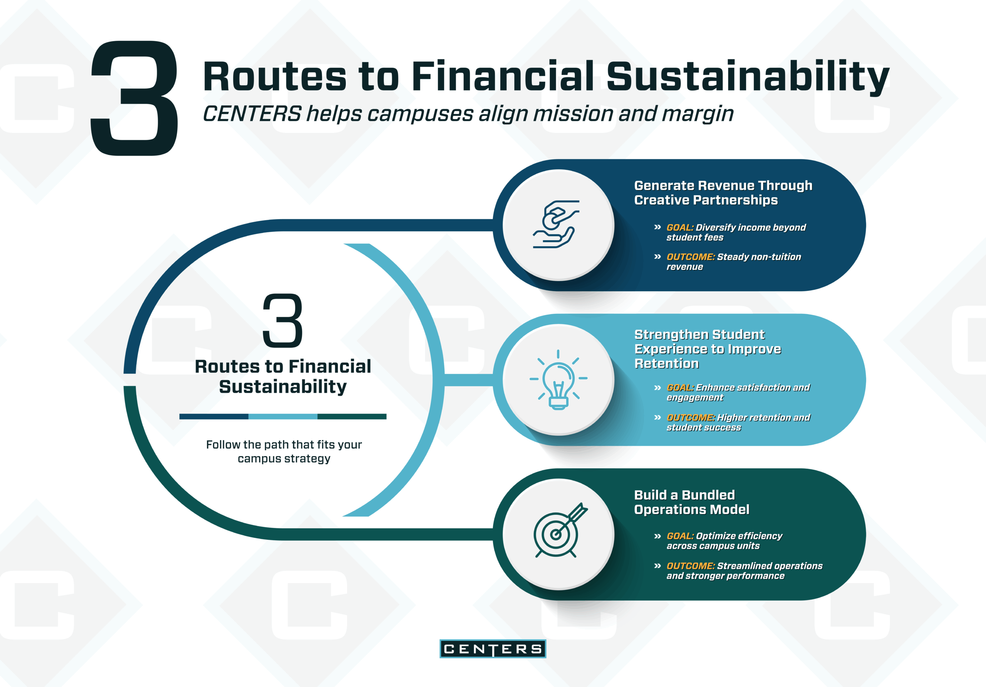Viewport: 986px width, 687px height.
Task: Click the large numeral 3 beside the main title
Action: [x=134, y=98]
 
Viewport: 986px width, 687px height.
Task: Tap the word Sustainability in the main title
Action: [x=748, y=78]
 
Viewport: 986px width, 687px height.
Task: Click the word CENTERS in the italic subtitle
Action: [x=252, y=114]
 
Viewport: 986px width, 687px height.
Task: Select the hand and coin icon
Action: [x=557, y=224]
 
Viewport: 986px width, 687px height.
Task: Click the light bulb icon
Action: [x=558, y=380]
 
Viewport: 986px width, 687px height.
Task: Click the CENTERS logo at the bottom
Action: [x=493, y=649]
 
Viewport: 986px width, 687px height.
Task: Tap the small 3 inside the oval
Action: [x=283, y=320]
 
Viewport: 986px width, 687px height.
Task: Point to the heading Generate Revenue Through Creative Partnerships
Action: [x=723, y=193]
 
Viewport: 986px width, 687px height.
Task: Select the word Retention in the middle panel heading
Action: [x=666, y=364]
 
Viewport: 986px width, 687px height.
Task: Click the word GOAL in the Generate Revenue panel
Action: [x=680, y=228]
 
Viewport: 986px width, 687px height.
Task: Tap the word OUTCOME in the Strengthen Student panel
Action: [x=691, y=418]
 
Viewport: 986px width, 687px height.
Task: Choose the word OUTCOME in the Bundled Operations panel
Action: [x=691, y=566]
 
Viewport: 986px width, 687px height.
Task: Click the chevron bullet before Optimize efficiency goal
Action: [x=657, y=536]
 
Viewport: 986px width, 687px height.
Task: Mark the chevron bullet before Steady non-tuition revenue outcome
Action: [x=657, y=257]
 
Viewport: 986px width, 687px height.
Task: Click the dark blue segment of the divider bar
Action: [x=214, y=417]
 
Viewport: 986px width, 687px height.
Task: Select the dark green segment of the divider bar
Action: [x=352, y=417]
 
